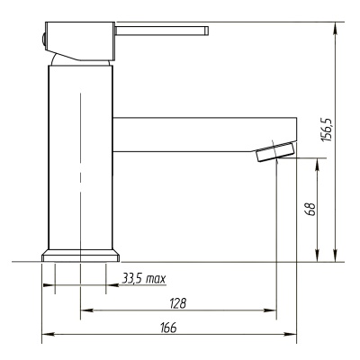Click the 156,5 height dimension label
coord(326,130)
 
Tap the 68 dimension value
coord(310,210)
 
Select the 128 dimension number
coord(178,303)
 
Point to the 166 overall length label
coord(168,328)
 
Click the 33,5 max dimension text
coord(144,279)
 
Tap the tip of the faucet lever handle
coord(207,31)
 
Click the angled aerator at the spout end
coord(275,152)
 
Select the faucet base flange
coord(80,256)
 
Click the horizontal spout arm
coord(204,135)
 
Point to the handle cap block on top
coord(80,41)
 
